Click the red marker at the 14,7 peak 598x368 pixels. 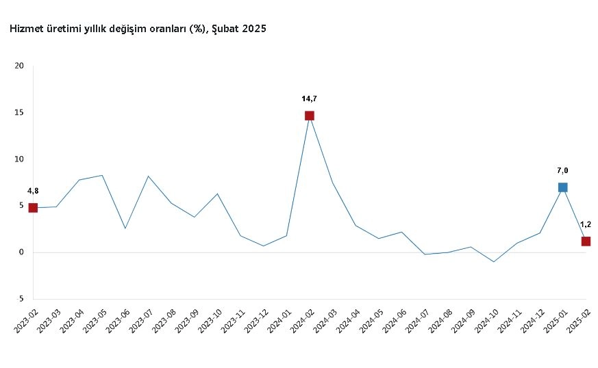310,116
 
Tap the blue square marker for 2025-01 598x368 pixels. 562,187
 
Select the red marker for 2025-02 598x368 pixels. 586,241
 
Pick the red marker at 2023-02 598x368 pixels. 33,208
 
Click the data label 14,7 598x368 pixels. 309,98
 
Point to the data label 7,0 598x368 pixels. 562,170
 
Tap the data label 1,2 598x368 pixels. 586,224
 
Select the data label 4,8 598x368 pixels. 33,191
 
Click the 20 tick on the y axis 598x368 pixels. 19,66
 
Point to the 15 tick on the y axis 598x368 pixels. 19,113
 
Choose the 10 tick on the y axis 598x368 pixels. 19,159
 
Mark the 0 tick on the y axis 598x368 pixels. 21,252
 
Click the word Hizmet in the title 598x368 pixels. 26,29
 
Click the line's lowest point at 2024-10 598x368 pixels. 493,262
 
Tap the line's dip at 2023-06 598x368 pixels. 125,228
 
